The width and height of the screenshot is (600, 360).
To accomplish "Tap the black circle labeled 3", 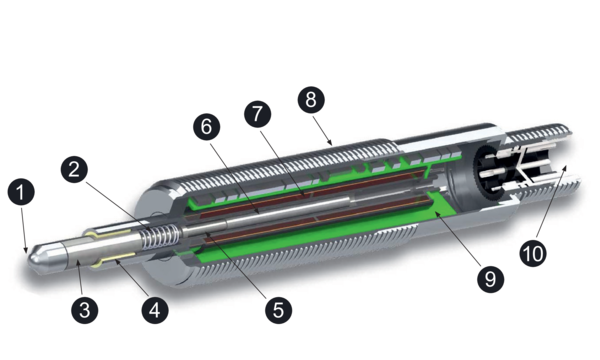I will coord(85,309).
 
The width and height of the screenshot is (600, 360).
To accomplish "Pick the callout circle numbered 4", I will coord(153,309).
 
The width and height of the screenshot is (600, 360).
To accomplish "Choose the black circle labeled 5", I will coord(278,309).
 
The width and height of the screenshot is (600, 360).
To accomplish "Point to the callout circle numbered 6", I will coord(205,129).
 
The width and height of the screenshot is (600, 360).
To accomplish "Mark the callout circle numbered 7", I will coord(257,113).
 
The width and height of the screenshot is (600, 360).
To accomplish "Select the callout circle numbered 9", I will coord(488,279).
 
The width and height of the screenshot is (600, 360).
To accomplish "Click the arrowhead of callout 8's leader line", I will coord(333,146).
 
